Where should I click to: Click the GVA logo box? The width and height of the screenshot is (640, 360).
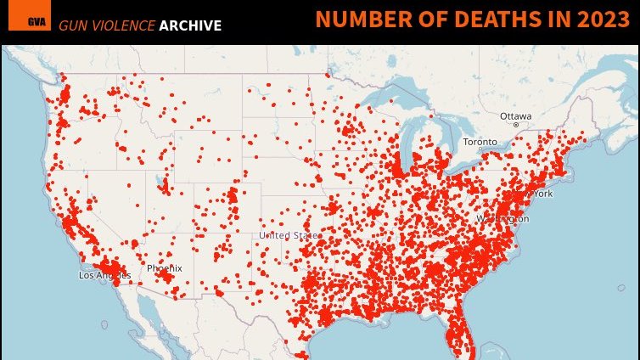pos(36,21)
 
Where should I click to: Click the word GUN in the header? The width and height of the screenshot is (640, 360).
pos(72,25)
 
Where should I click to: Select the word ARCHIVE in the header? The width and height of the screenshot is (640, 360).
pos(190,25)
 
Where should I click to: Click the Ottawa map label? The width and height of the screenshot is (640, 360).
pos(515,115)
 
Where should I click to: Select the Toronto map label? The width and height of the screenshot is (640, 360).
pos(479,142)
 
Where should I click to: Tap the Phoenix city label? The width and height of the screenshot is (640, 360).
pos(164,268)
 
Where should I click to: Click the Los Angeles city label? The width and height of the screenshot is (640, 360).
pos(99,276)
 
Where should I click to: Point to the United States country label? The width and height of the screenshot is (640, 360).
pos(289,235)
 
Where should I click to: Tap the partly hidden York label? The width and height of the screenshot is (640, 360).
pos(543,194)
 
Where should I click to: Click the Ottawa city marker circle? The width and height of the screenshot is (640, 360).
pos(515,125)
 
